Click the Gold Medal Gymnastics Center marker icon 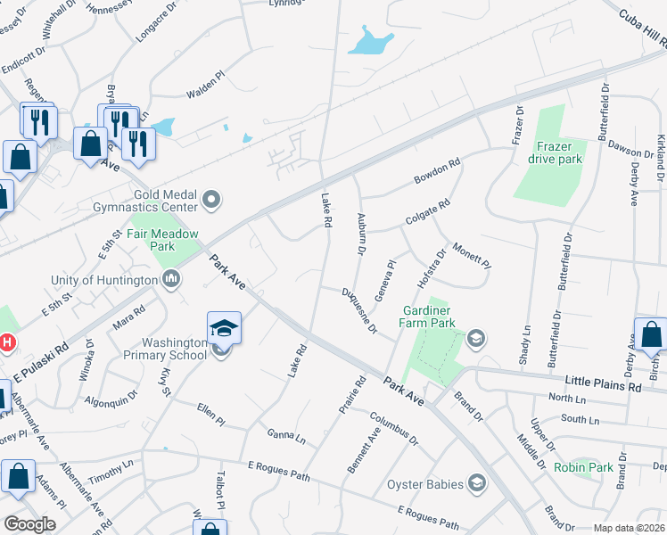click(x=211, y=200)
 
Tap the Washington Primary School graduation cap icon click(x=224, y=326)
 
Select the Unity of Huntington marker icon click(x=171, y=280)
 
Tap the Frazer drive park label click(x=560, y=152)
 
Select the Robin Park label click(x=583, y=467)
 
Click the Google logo click(x=29, y=524)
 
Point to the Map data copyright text click(x=629, y=529)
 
